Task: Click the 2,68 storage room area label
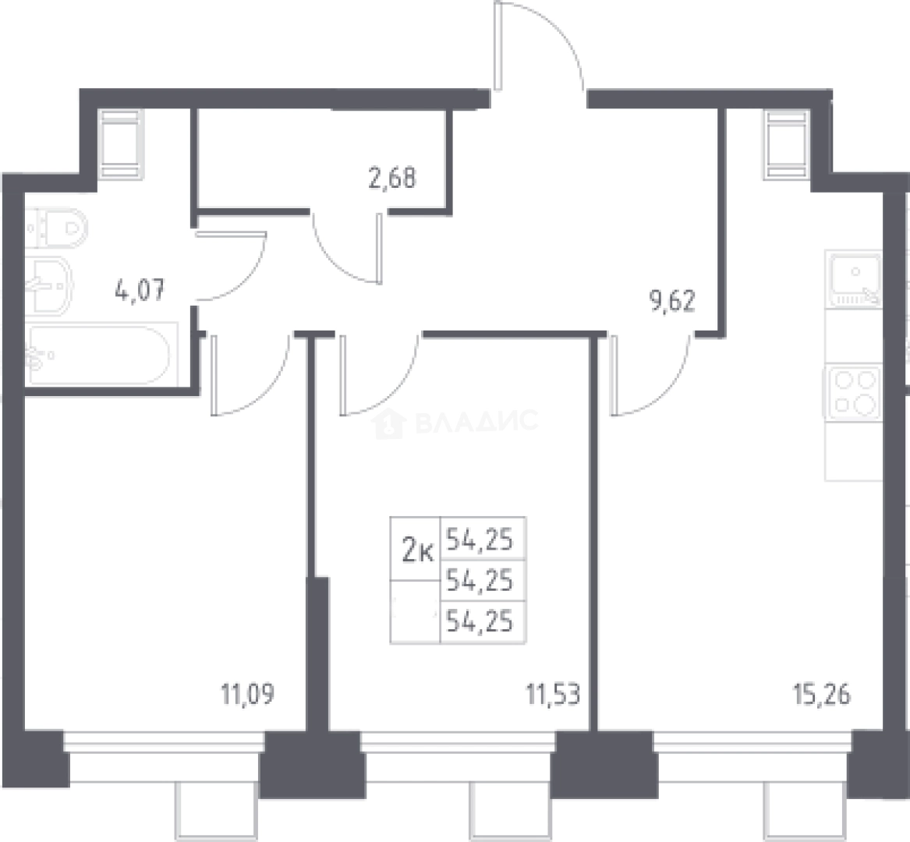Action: click(x=392, y=178)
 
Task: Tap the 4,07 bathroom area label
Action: click(x=140, y=289)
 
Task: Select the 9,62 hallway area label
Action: click(x=673, y=301)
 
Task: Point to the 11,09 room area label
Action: click(x=248, y=694)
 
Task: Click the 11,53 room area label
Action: click(x=553, y=694)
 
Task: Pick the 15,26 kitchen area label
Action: click(x=822, y=694)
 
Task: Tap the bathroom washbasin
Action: click(x=49, y=284)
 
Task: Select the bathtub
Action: click(x=99, y=354)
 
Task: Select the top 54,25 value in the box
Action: click(x=480, y=540)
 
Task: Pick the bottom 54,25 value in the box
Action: click(x=480, y=621)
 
